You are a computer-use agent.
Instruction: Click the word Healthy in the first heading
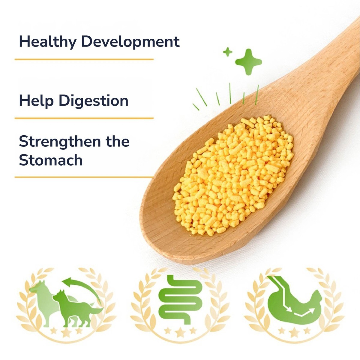click(x=48, y=42)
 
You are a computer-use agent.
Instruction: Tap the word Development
click(x=130, y=41)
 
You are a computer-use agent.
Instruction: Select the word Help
click(x=36, y=101)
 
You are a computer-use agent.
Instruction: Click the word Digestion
click(x=93, y=101)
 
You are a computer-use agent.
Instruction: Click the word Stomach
click(x=51, y=160)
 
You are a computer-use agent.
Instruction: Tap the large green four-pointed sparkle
click(x=248, y=62)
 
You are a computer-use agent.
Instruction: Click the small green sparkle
click(x=228, y=52)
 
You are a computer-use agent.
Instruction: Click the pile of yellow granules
click(x=232, y=175)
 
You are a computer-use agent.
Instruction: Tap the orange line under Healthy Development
click(x=84, y=59)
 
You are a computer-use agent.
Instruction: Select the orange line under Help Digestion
click(x=84, y=118)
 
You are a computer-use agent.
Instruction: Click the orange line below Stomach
click(x=84, y=177)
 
